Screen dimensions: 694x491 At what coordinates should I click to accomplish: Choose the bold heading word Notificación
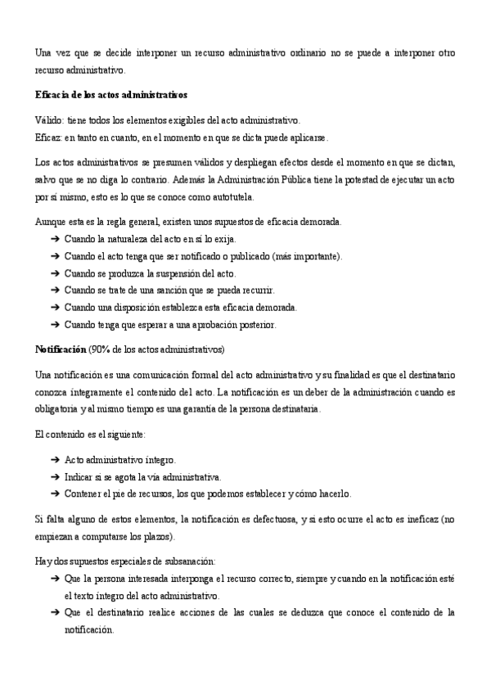pos(61,349)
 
